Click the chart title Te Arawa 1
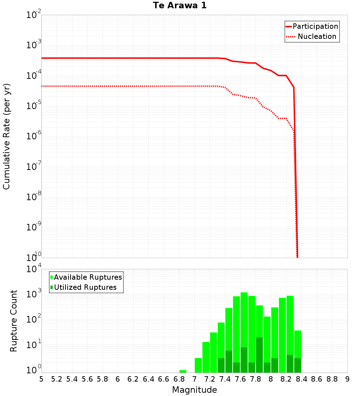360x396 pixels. click(x=180, y=6)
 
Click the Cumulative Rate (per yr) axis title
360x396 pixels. click(x=6, y=136)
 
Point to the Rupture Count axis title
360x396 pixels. click(x=14, y=321)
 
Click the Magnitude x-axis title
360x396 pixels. click(x=194, y=390)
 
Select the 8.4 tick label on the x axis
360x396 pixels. click(x=302, y=379)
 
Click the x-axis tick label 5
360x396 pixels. click(x=41, y=379)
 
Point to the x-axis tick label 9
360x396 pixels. click(x=347, y=379)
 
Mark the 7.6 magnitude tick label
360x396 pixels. click(x=240, y=379)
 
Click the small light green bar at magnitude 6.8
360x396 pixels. click(x=183, y=371)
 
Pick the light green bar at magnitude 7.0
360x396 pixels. click(x=198, y=365)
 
